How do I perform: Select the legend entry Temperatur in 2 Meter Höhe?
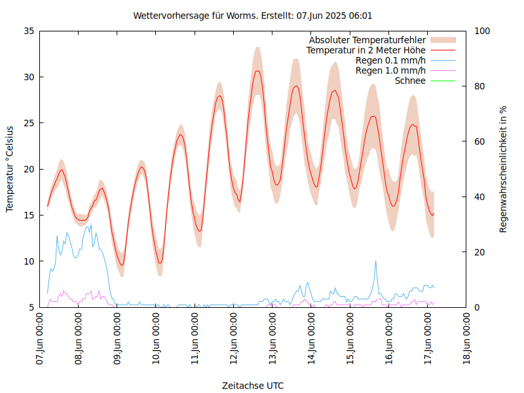[366, 50]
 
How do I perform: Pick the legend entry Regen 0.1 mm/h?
[390, 60]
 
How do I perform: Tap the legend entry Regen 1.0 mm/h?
[390, 70]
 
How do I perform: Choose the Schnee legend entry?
[411, 81]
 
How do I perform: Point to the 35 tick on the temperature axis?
[28, 31]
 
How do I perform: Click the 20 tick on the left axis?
[28, 169]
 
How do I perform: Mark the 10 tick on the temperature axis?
[28, 261]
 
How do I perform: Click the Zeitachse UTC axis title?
[253, 385]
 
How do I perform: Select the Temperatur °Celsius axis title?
[10, 169]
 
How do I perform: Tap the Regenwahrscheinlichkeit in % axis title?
[504, 169]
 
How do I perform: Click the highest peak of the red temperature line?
[257, 71]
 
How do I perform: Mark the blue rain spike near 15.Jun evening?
[376, 261]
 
